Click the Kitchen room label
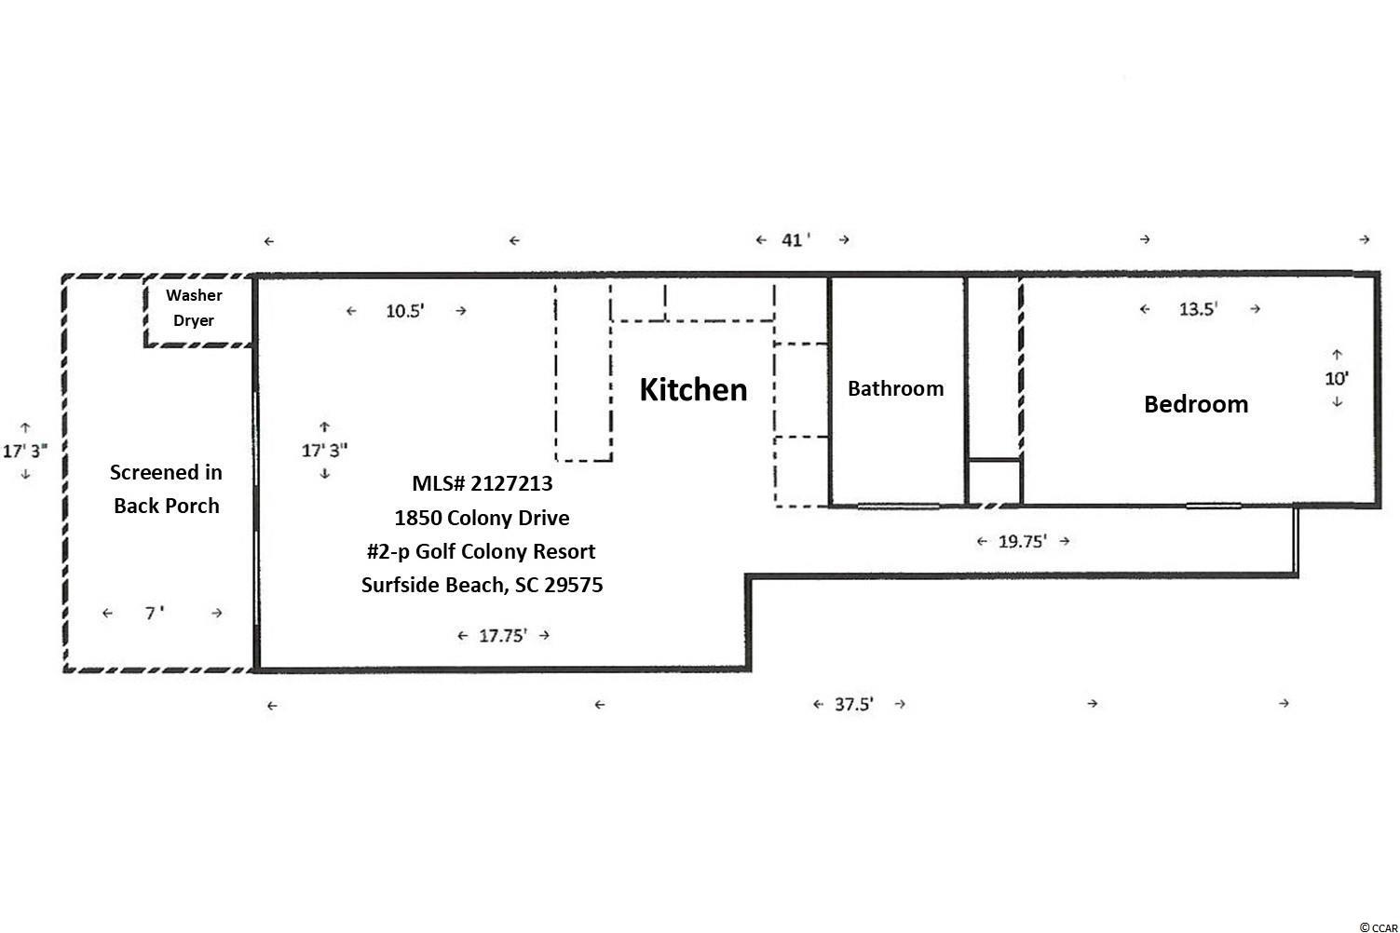693,390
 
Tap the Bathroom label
896,388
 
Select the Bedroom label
1196,404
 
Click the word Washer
194,295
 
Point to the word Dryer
194,320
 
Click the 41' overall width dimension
795,240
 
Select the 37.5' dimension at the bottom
854,704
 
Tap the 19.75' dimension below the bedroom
1023,541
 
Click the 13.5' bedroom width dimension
1198,309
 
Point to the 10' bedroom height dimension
1337,379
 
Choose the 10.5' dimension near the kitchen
405,311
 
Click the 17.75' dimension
503,636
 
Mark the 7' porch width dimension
155,613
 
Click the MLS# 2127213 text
482,483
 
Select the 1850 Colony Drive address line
482,518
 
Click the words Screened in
166,472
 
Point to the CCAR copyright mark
1379,927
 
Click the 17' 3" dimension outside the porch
25,451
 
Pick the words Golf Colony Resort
506,551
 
